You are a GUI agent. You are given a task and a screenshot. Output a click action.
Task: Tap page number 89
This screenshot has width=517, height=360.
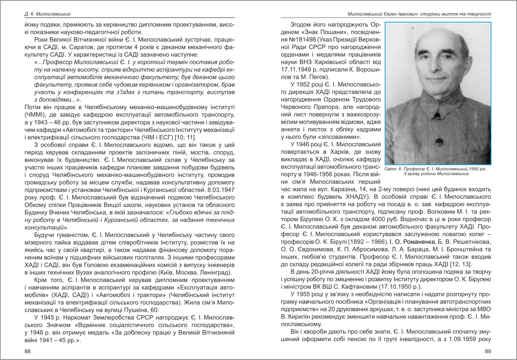(x=488, y=351)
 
